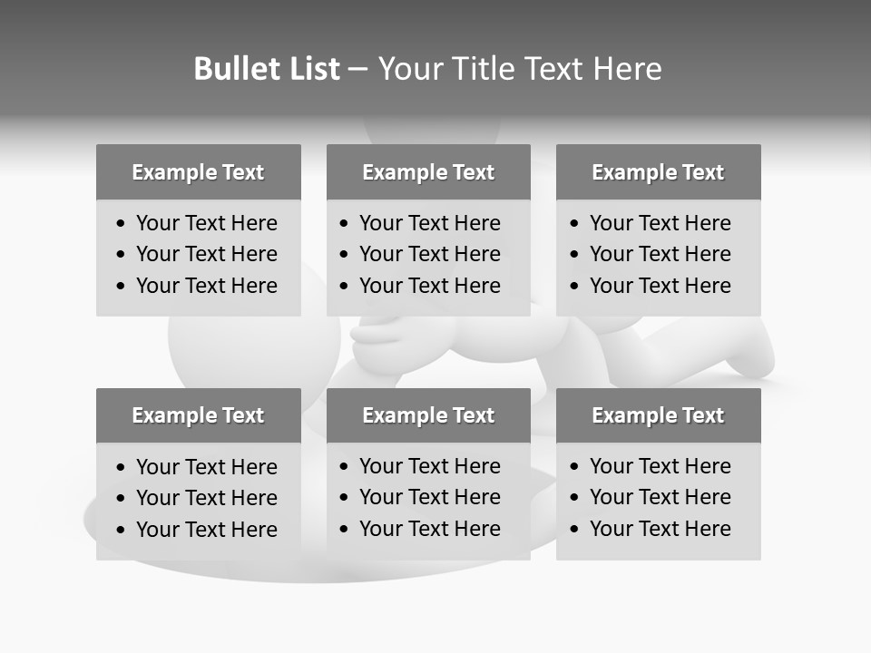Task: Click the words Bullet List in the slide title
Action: tap(267, 69)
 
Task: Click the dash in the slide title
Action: tap(358, 69)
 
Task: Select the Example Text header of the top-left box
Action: tap(198, 172)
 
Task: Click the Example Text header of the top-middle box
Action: tap(428, 172)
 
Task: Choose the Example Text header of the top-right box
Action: tap(658, 172)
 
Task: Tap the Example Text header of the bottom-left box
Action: tap(198, 415)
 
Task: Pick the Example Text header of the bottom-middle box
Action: tap(428, 415)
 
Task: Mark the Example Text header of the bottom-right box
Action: tap(658, 415)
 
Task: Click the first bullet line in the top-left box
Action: tap(207, 223)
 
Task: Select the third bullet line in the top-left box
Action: tap(207, 286)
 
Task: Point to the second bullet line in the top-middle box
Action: tap(430, 254)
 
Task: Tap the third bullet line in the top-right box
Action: tap(661, 286)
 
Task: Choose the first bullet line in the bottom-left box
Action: tap(207, 467)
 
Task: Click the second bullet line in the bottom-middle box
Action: tap(430, 497)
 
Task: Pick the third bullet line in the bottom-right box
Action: tap(661, 529)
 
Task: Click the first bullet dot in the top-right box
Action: tap(575, 224)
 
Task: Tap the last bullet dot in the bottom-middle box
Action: tap(345, 530)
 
